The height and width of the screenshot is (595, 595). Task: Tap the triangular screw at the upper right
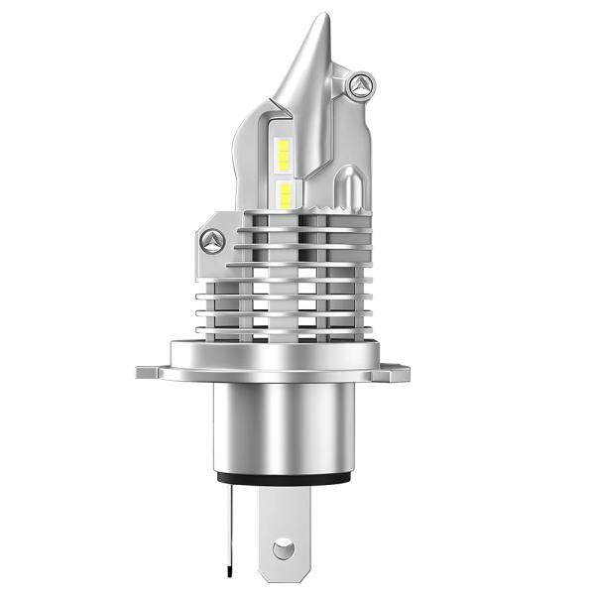[x=363, y=86]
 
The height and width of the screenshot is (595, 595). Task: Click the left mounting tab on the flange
[x=150, y=374]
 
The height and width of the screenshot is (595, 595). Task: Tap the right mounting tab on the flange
[x=398, y=373]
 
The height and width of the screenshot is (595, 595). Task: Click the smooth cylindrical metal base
[x=286, y=426]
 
